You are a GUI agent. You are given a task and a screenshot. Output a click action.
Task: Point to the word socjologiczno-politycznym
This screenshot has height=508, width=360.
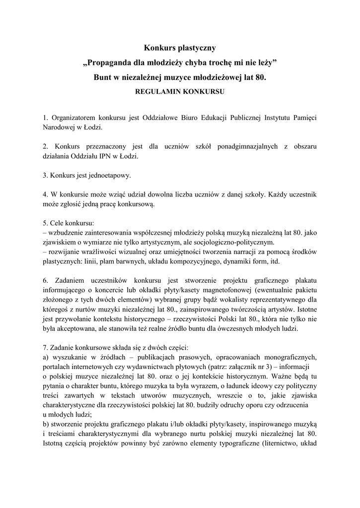coord(233,243)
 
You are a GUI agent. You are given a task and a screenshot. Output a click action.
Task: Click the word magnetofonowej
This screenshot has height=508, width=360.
coord(234,289)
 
